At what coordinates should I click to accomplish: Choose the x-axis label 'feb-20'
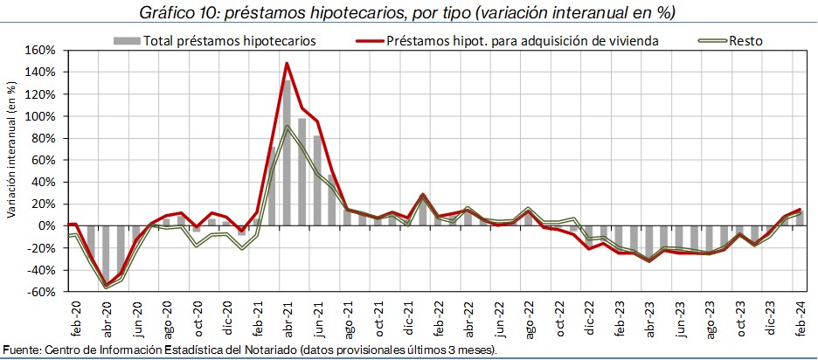pos(73,315)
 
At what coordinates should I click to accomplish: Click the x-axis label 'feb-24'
pos(797,315)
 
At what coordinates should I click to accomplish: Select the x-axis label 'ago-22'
pos(529,315)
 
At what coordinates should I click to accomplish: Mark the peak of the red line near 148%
pos(287,63)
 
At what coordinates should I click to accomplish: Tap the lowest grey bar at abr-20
pos(107,253)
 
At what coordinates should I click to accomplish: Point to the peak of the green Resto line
pos(287,127)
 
